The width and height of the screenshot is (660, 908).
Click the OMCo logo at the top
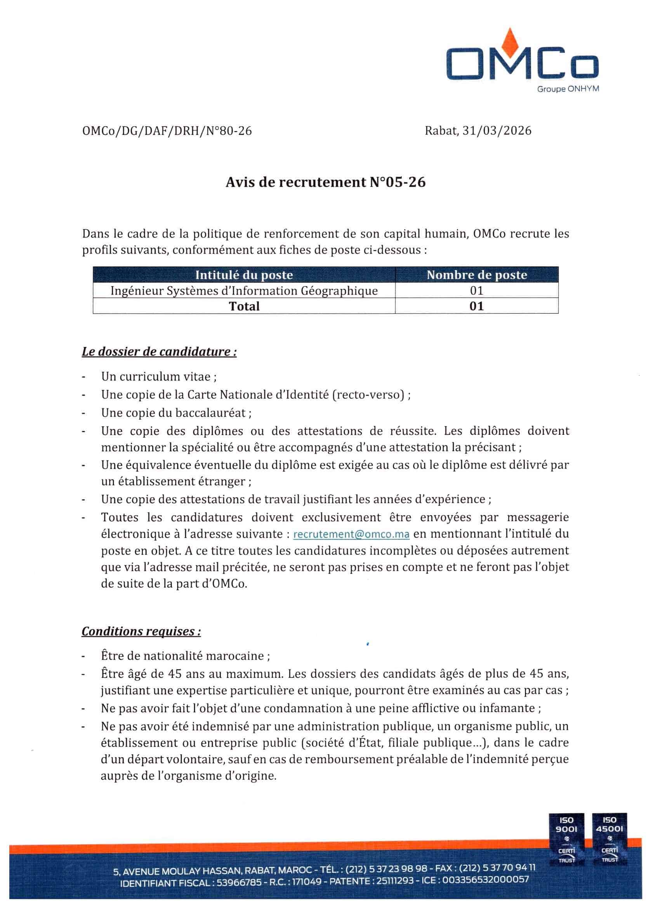click(x=522, y=64)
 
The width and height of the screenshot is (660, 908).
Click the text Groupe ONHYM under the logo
click(x=568, y=89)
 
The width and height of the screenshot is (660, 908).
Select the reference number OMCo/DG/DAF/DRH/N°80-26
click(x=167, y=131)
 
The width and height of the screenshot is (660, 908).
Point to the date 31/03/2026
click(x=497, y=130)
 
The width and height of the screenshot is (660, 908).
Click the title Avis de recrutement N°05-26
click(x=326, y=182)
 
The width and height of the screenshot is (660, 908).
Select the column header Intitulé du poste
click(x=244, y=275)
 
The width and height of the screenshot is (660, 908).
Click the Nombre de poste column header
click(x=477, y=275)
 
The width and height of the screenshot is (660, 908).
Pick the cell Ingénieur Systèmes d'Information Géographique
click(x=244, y=291)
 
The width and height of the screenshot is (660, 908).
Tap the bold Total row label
click(x=244, y=306)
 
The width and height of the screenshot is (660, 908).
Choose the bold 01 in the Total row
click(x=477, y=306)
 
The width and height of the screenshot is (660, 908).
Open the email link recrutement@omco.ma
click(x=351, y=534)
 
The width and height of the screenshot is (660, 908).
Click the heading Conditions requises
click(x=141, y=631)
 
